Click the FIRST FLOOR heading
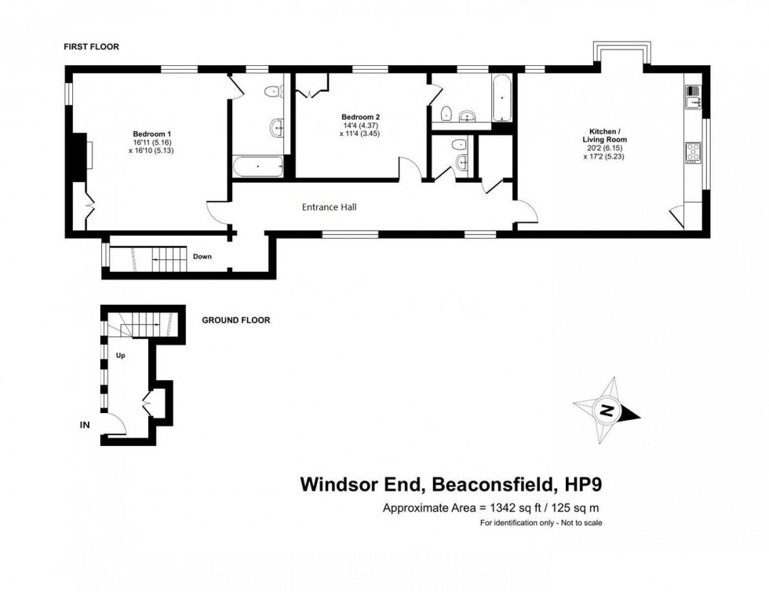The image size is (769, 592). tap(91, 47)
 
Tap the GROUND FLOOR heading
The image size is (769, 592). tap(235, 320)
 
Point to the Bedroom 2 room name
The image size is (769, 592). tap(361, 117)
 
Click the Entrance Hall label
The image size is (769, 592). tap(330, 207)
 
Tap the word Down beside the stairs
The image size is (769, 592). tap(202, 257)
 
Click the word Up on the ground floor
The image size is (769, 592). tap(121, 355)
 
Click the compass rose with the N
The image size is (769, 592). tap(607, 411)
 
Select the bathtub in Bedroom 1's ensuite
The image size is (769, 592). tap(258, 166)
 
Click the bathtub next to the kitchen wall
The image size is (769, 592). tap(501, 100)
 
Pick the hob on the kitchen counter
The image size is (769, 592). tap(693, 152)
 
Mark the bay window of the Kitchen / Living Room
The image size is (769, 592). tap(621, 55)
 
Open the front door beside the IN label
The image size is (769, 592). tap(116, 423)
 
